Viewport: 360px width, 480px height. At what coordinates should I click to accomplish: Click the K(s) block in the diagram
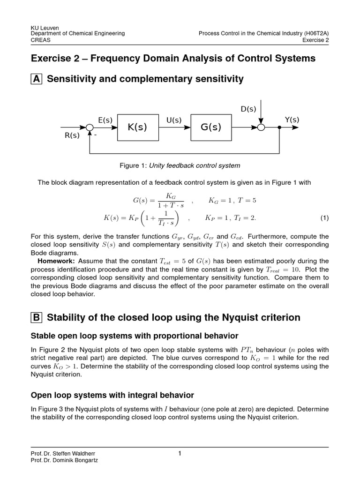coord(137,127)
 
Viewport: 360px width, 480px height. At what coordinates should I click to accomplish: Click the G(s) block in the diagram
coord(210,127)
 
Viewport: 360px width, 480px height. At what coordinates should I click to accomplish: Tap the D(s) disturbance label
coord(248,109)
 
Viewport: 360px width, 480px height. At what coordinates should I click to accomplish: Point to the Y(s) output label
coord(292,120)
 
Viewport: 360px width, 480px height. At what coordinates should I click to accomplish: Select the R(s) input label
coord(72,135)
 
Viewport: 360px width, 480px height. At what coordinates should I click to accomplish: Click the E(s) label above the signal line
coord(105,120)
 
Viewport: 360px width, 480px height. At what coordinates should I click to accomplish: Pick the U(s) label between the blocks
coord(174,120)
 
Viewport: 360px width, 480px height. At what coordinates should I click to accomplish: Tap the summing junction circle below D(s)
coord(262,127)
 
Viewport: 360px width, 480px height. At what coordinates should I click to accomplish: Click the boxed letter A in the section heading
coord(36,79)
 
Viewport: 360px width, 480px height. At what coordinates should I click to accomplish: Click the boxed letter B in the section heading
coord(36,318)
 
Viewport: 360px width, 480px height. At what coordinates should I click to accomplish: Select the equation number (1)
coord(324,218)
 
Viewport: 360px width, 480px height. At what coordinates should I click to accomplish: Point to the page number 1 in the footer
coord(180,453)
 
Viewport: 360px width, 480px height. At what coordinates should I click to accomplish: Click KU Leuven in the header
coord(44,27)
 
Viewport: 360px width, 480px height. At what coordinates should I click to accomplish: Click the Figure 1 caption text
coord(180,165)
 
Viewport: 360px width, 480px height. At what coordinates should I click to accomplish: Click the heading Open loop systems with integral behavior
coord(112,395)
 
